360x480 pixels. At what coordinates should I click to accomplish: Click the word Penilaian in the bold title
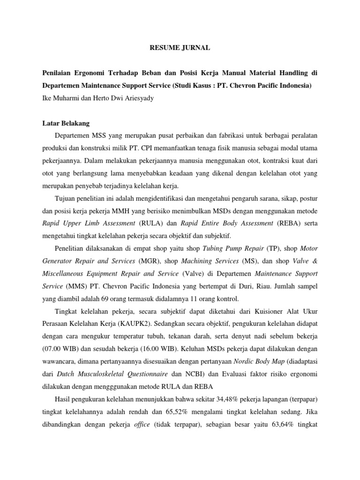click(58, 72)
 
